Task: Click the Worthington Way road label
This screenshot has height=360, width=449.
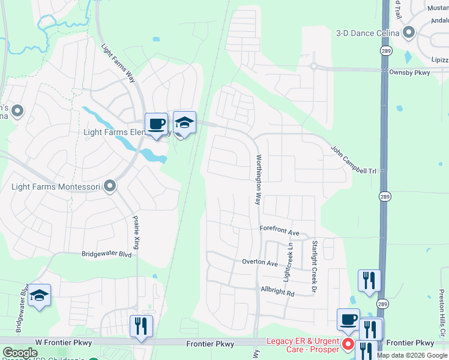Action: pyautogui.click(x=259, y=179)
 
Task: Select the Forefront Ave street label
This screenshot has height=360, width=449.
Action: pyautogui.click(x=279, y=230)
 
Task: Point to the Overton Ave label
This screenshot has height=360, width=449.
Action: pyautogui.click(x=260, y=263)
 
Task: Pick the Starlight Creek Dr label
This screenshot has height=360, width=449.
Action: pyautogui.click(x=314, y=267)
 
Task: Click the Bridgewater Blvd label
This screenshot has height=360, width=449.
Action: pyautogui.click(x=106, y=254)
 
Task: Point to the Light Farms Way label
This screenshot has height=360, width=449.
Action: pyautogui.click(x=118, y=64)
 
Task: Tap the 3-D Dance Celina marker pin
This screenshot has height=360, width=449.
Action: pyautogui.click(x=410, y=32)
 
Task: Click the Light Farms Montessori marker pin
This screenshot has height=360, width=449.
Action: pyautogui.click(x=109, y=186)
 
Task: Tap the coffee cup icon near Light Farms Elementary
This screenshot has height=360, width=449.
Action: pyautogui.click(x=156, y=124)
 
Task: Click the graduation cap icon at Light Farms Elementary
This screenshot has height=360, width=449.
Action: pyautogui.click(x=184, y=122)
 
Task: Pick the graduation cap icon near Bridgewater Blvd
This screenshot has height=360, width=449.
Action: pyautogui.click(x=39, y=295)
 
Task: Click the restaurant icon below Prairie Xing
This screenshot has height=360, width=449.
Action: pyautogui.click(x=142, y=326)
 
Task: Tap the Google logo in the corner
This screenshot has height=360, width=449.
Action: pyautogui.click(x=20, y=353)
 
